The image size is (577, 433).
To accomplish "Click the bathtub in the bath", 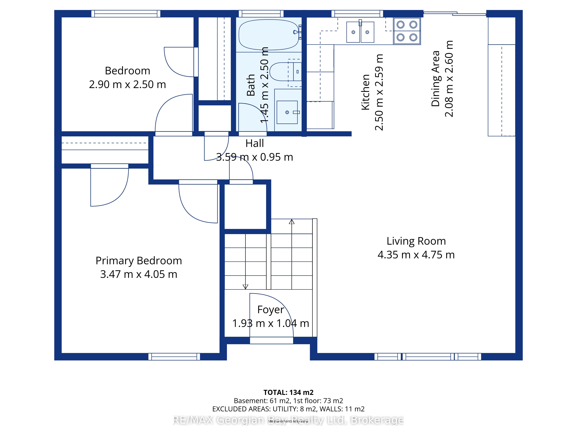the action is [x=270, y=35].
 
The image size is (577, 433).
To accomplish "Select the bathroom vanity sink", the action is [x=287, y=112].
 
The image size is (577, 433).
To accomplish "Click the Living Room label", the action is [x=416, y=241].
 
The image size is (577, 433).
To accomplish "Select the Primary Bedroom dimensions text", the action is [x=139, y=274].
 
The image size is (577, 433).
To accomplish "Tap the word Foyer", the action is [x=270, y=310].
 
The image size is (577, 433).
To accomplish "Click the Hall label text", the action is [x=255, y=143].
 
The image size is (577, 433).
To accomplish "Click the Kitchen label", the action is [x=365, y=92].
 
